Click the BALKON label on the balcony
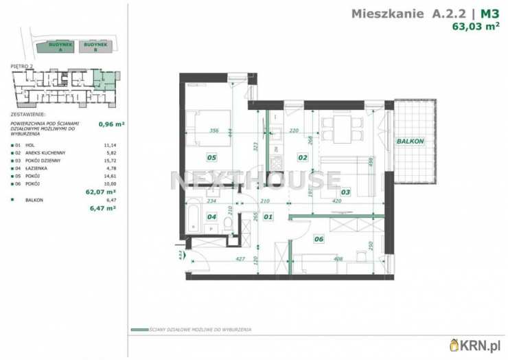pos(411,141)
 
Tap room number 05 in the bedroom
pos(212,157)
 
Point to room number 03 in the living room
pos(345,192)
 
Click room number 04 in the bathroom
pos(212,217)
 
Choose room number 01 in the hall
pos(268,217)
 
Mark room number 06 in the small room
pos(318,239)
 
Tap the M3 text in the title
pos(489,12)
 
